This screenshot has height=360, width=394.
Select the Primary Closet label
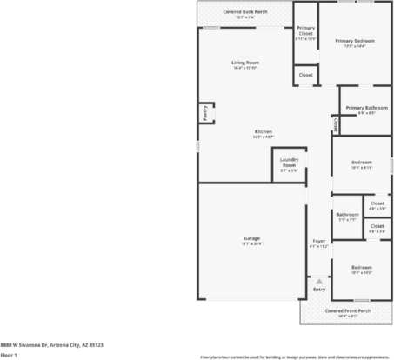click(x=305, y=31)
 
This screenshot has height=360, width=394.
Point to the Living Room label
click(x=245, y=63)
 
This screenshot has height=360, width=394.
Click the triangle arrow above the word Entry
click(x=319, y=282)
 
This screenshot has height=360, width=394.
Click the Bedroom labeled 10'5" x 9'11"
click(x=362, y=162)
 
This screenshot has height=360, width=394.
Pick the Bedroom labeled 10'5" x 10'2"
click(x=362, y=267)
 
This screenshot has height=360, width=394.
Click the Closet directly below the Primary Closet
click(x=305, y=76)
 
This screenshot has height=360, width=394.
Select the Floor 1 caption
click(x=9, y=355)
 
